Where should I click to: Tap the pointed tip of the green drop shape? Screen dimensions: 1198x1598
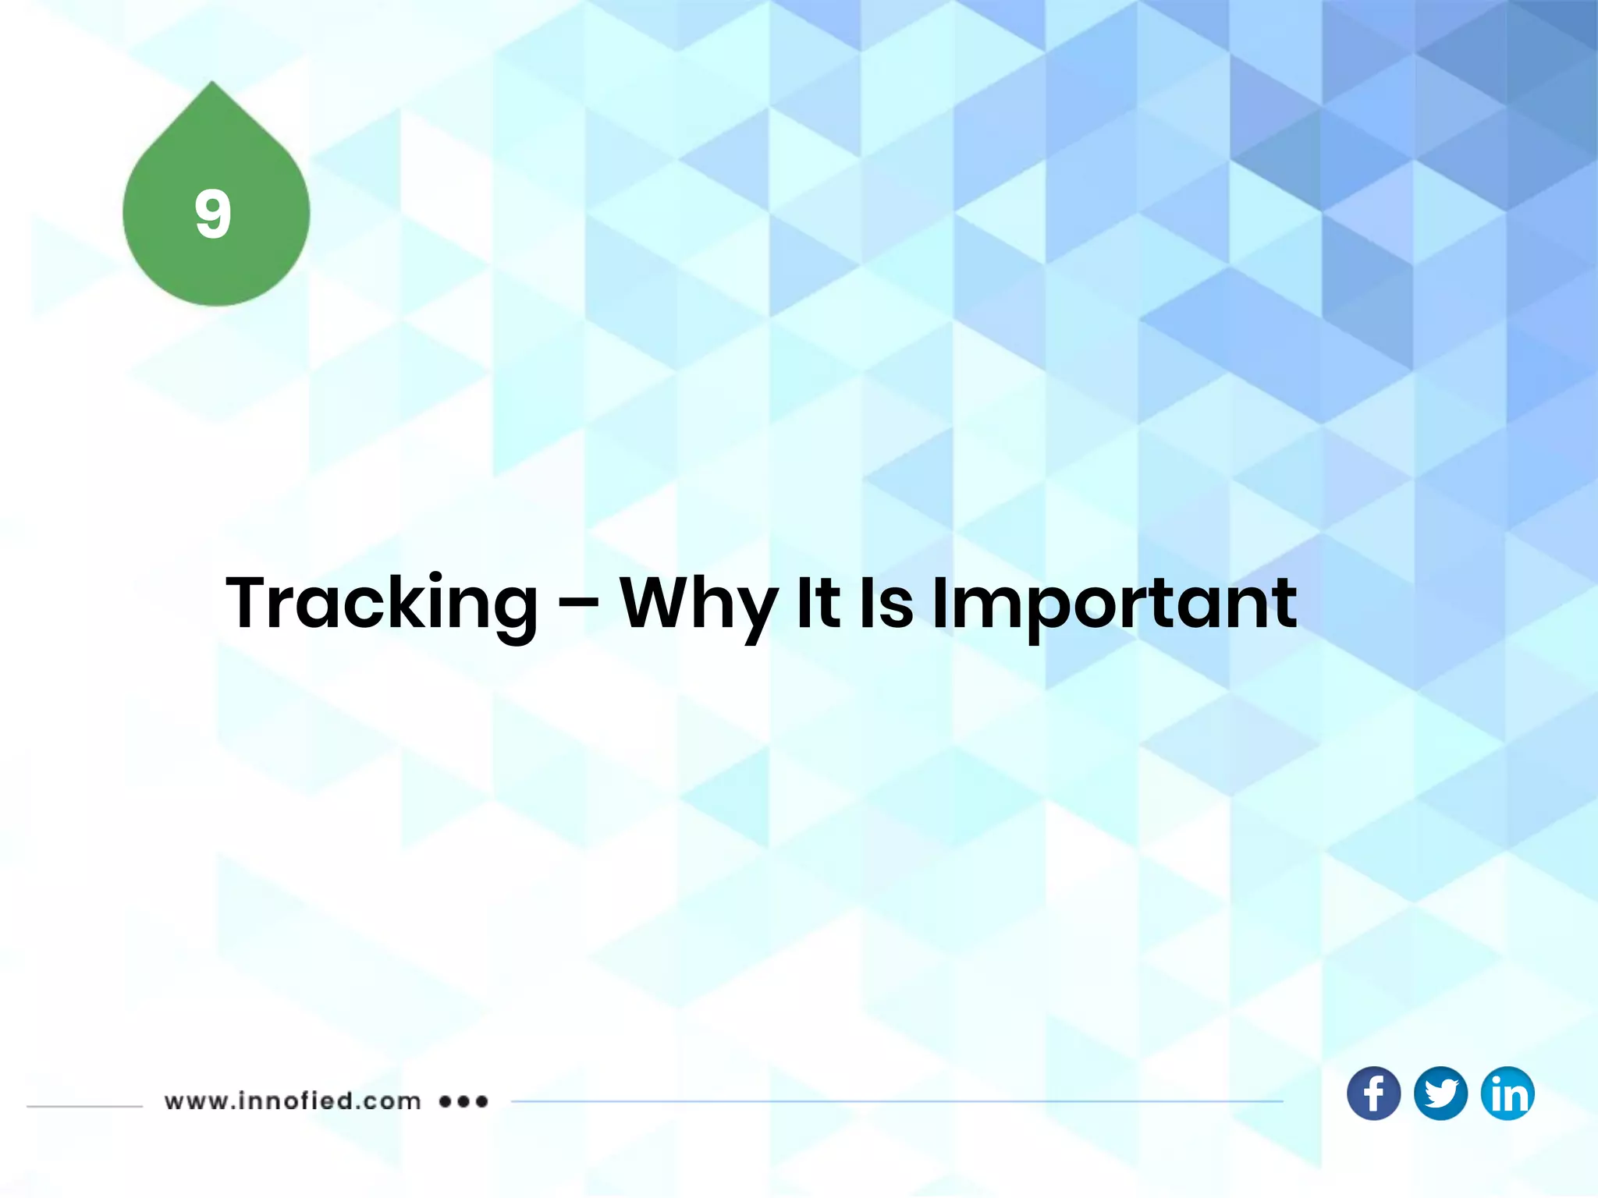(x=212, y=84)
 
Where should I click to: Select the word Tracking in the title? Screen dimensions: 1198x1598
(x=382, y=604)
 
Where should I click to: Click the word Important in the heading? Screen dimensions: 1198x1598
(x=1114, y=604)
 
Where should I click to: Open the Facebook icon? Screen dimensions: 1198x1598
(x=1373, y=1093)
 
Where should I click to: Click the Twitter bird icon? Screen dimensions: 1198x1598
(x=1440, y=1093)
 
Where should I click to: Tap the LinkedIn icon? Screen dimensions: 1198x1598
(x=1507, y=1093)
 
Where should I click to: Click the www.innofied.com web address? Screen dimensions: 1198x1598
(x=293, y=1101)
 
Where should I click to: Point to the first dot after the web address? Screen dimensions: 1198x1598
(x=446, y=1101)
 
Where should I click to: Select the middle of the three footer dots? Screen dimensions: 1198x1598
(x=463, y=1101)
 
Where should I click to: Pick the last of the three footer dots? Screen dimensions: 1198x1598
(x=481, y=1101)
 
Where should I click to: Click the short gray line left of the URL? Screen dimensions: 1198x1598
(x=84, y=1105)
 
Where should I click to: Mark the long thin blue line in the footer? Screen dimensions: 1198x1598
(x=897, y=1101)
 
